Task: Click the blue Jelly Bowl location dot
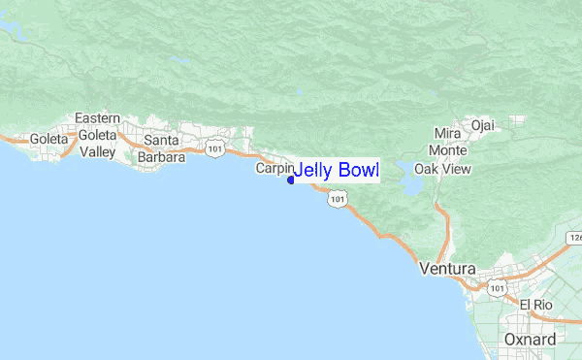(x=290, y=180)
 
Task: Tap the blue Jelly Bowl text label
(x=336, y=171)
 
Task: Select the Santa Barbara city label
(x=161, y=148)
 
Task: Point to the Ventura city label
(x=447, y=269)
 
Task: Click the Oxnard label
(x=531, y=339)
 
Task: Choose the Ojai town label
(x=482, y=124)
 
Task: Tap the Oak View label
(x=442, y=168)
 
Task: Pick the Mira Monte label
(x=448, y=142)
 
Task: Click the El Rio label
(x=535, y=305)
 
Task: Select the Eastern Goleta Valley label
(x=98, y=135)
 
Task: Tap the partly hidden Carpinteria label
(x=273, y=168)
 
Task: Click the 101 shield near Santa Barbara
(x=215, y=148)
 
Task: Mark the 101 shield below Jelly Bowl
(x=337, y=199)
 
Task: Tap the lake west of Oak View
(x=410, y=183)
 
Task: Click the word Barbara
(x=161, y=157)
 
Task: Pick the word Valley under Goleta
(x=98, y=152)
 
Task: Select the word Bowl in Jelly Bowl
(x=357, y=171)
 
